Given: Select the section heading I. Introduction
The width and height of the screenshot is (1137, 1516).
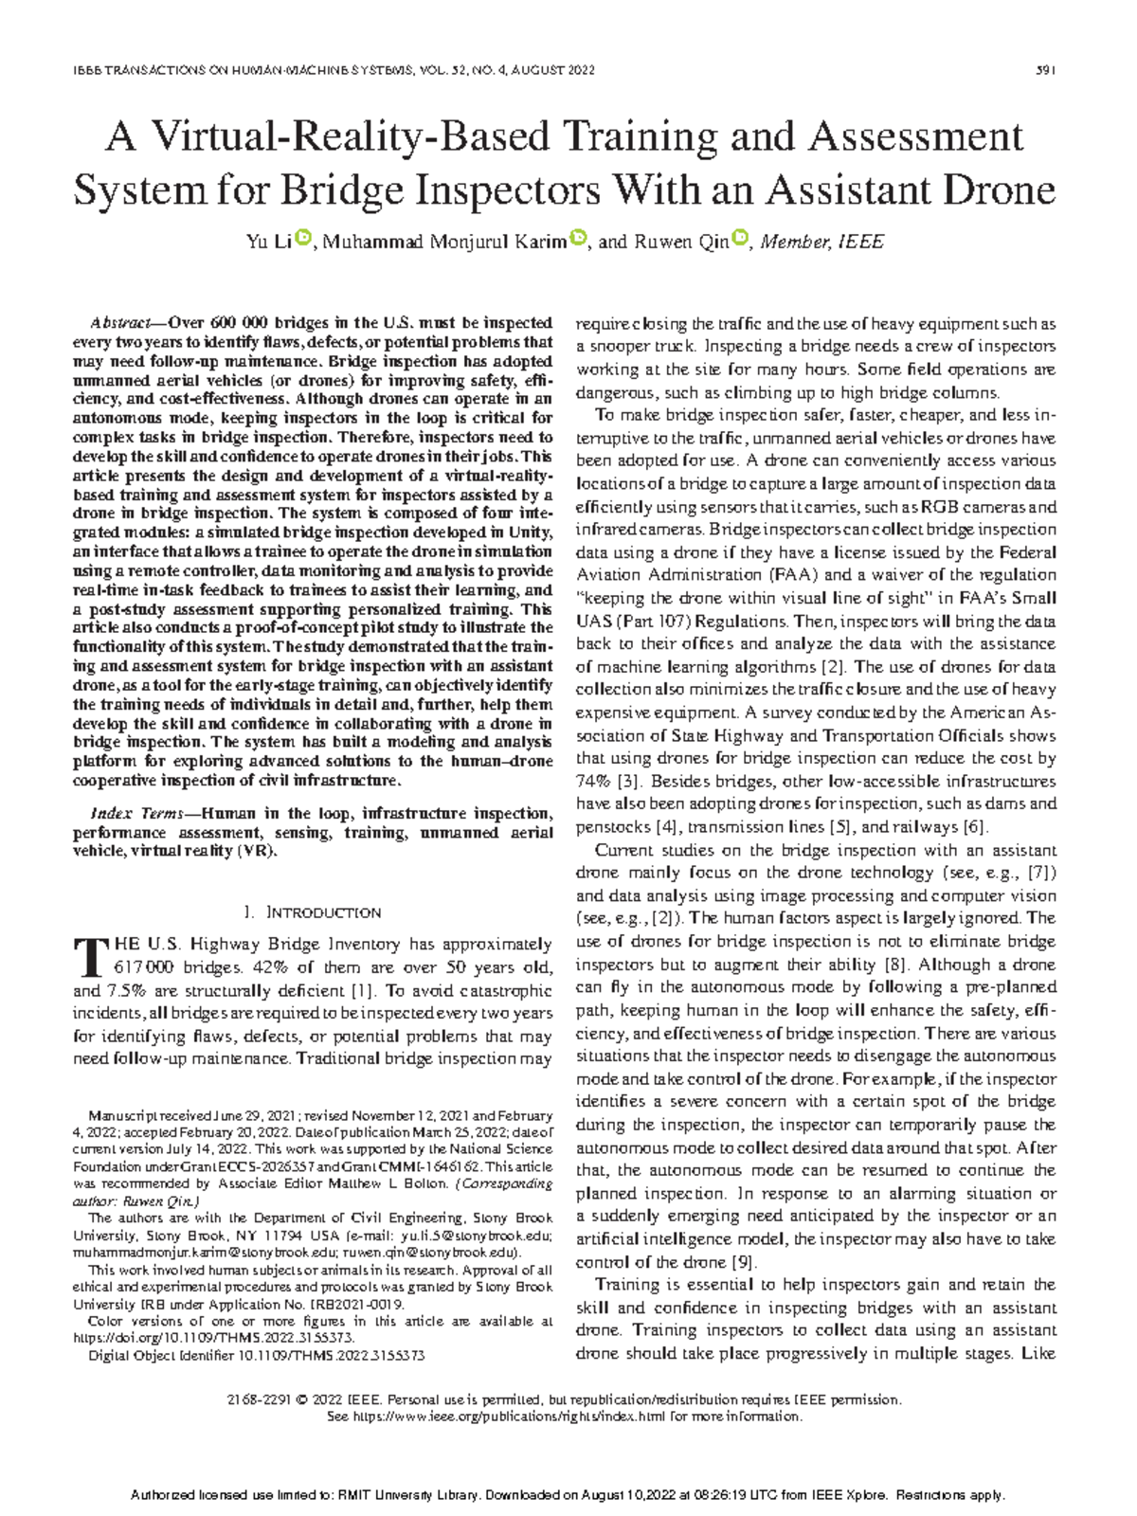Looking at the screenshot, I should tap(313, 912).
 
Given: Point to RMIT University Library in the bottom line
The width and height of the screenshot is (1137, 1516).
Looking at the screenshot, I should tap(409, 1495).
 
